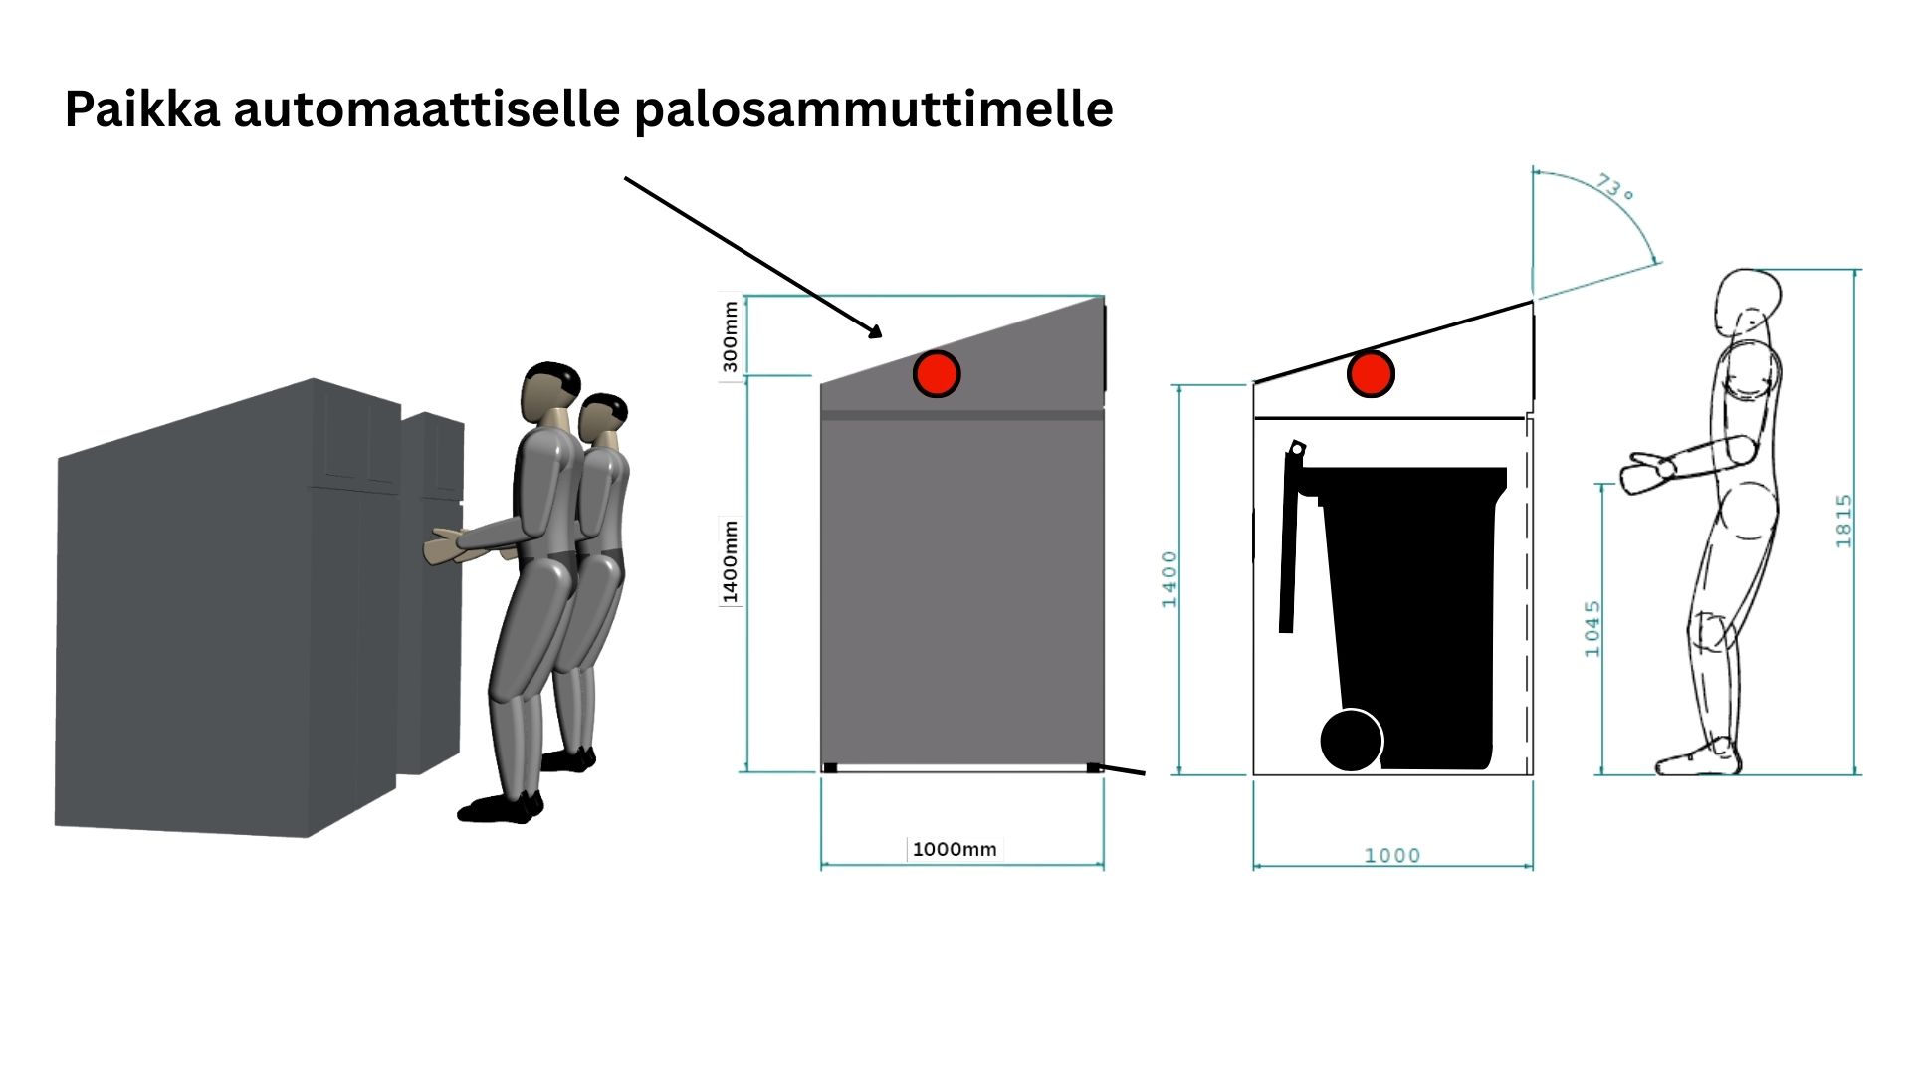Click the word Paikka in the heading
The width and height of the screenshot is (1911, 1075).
tap(142, 108)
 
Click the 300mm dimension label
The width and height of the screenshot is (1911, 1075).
tap(731, 336)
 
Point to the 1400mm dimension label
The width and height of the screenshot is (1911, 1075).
tap(731, 561)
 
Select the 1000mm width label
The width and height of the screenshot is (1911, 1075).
tap(955, 849)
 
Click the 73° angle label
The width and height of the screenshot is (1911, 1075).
tap(1614, 186)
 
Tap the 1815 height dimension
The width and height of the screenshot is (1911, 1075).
tap(1844, 521)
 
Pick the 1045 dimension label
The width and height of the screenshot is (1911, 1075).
tap(1592, 628)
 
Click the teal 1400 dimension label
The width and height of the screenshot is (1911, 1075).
tap(1169, 579)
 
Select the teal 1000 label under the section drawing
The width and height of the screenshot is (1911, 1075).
tap(1391, 855)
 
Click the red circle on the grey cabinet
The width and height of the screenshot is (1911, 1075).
tap(937, 374)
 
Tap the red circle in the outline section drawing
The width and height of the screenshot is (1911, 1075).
tap(1371, 374)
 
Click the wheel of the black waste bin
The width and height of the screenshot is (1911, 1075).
tap(1352, 741)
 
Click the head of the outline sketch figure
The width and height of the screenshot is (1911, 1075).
tap(1747, 302)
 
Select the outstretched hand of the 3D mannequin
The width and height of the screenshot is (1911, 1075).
tap(444, 546)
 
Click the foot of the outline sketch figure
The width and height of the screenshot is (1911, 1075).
tap(1698, 758)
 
